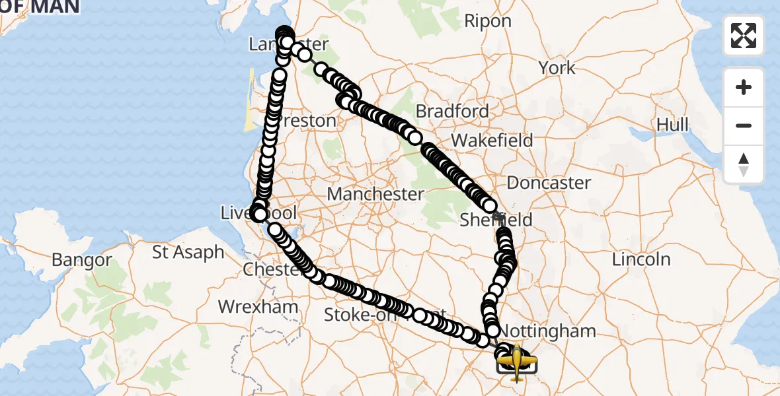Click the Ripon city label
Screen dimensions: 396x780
[x=488, y=21]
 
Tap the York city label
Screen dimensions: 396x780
[x=557, y=67]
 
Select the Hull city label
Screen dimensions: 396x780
[x=672, y=124]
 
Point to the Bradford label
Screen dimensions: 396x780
[x=453, y=111]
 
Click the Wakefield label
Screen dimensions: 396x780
[x=492, y=140]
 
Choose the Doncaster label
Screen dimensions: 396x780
[x=549, y=182]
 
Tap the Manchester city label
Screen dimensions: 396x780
[x=375, y=194]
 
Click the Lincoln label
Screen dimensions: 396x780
[x=641, y=259]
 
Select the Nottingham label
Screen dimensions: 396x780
[x=548, y=330]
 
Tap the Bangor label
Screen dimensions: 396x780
[x=82, y=259]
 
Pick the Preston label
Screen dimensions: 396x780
[x=305, y=121]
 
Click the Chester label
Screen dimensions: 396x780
[x=271, y=270]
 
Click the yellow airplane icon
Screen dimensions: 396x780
[x=516, y=361]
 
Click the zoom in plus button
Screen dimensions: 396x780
[x=744, y=87]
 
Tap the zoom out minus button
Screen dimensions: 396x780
[x=744, y=125]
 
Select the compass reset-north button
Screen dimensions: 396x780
[x=744, y=164]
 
